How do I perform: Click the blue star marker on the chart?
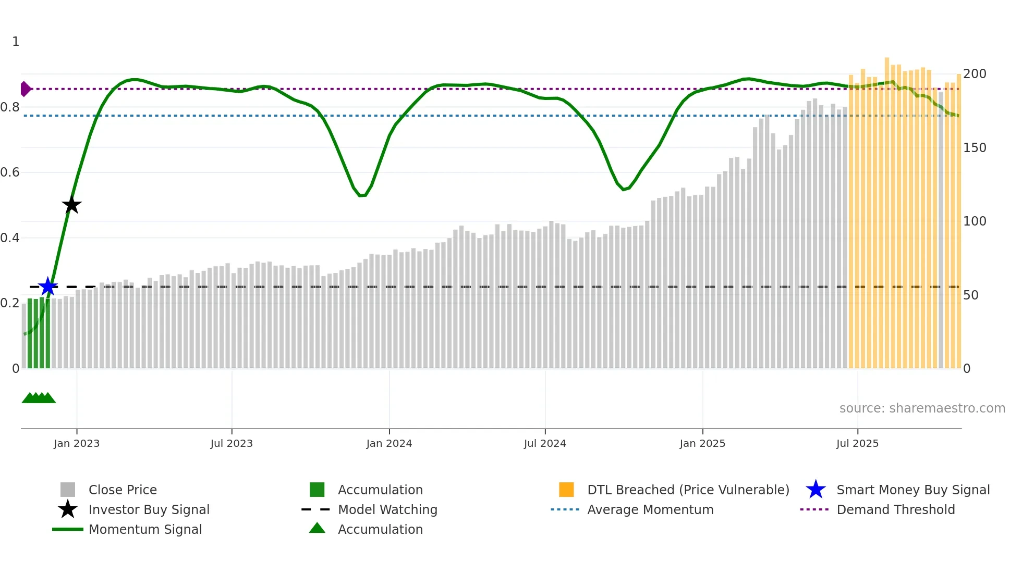(x=48, y=286)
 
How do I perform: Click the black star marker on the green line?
(x=71, y=205)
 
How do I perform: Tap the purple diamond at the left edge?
(x=25, y=89)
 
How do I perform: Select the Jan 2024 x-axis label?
(x=389, y=443)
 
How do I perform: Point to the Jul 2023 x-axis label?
(x=232, y=443)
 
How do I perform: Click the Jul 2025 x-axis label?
(x=857, y=443)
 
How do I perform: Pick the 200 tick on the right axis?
(x=975, y=74)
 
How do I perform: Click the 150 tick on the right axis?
(x=975, y=148)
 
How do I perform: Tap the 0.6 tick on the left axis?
(x=10, y=172)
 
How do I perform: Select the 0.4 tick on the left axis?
(x=10, y=238)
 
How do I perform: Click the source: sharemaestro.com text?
(x=922, y=408)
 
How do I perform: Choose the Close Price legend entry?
(x=123, y=490)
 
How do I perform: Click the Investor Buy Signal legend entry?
(x=149, y=509)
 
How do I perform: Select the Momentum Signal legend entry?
(x=145, y=529)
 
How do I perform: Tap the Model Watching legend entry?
(x=387, y=509)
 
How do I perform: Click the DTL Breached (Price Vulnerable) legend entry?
(x=688, y=490)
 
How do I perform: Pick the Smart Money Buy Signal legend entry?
(x=913, y=490)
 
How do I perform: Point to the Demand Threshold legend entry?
(x=895, y=509)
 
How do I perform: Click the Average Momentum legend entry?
(x=650, y=509)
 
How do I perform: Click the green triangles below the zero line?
(x=39, y=398)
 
